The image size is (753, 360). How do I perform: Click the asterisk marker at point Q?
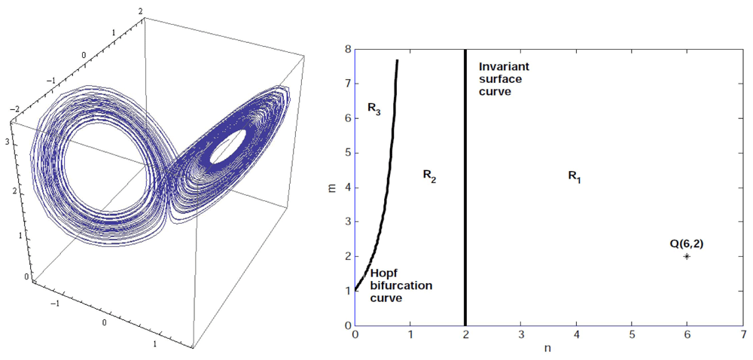[687, 257]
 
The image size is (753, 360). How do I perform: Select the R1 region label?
[575, 176]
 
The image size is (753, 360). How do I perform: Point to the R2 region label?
[429, 175]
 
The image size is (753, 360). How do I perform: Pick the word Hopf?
[380, 274]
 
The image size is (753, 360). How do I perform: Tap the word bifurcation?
[401, 286]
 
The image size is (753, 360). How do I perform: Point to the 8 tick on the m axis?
[349, 49]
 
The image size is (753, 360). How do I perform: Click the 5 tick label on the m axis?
[349, 153]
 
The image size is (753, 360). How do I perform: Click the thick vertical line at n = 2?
[465, 188]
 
